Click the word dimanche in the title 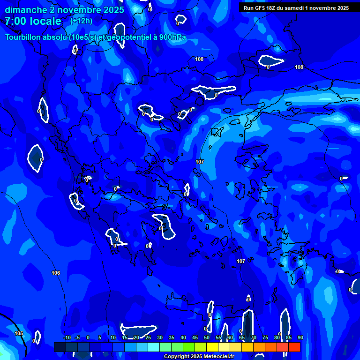pyautogui.click(x=25, y=10)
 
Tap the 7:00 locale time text pyautogui.click(x=33, y=21)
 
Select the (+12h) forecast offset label pyautogui.click(x=81, y=21)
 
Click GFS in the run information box pyautogui.click(x=262, y=8)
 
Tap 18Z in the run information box pyautogui.click(x=275, y=8)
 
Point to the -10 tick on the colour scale pyautogui.click(x=67, y=338)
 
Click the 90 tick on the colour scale pyautogui.click(x=300, y=338)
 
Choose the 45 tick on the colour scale pyautogui.click(x=195, y=338)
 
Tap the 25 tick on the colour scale pyautogui.click(x=148, y=338)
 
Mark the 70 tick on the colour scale pyautogui.click(x=254, y=338)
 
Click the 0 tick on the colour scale pyautogui.click(x=88, y=338)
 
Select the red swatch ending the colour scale pyautogui.click(x=294, y=347)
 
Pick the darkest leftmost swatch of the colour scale pyautogui.click(x=60, y=347)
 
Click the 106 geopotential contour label pyautogui.click(x=56, y=273)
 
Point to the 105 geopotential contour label pyautogui.click(x=19, y=333)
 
